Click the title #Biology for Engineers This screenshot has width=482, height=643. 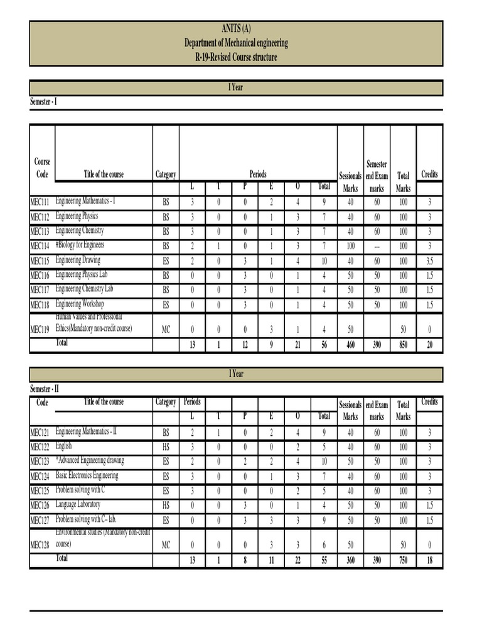pos(80,245)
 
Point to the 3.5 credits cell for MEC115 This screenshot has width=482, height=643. pos(429,261)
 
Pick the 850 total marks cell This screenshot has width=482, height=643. pos(403,345)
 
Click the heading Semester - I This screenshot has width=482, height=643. pos(43,102)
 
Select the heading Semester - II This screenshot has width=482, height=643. pos(45,389)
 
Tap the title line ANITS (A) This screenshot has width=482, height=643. pos(236,29)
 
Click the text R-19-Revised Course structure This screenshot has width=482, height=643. pos(236,57)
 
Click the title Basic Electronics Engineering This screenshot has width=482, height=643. pos(87,475)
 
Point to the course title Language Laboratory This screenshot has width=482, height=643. pos(78,504)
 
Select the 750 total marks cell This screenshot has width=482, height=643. pos(403,560)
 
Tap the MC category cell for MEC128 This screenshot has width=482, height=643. pos(166,545)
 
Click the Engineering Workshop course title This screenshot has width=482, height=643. pos(80,303)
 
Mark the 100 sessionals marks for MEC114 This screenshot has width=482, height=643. pos(350,246)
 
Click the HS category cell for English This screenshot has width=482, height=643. pos(166,447)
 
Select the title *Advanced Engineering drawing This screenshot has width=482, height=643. pos(90,461)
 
